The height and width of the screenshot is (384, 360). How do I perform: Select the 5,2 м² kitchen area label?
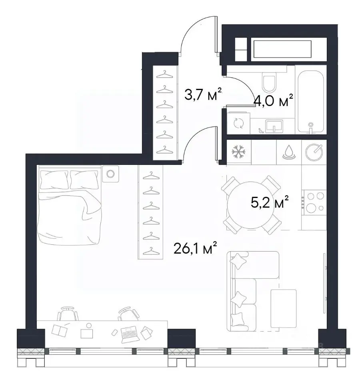[x=270, y=202]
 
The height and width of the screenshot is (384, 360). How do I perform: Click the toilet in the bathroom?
[x=269, y=82]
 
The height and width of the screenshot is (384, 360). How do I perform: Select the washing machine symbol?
[x=238, y=123]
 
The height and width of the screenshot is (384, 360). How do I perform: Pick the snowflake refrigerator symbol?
[x=238, y=152]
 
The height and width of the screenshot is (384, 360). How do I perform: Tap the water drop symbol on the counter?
[x=289, y=152]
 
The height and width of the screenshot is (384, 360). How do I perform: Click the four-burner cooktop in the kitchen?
[x=315, y=202]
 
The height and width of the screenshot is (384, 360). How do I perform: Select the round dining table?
[x=251, y=205]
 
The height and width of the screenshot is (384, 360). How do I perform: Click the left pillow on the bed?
[x=54, y=180]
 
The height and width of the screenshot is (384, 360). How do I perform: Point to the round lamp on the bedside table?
[x=110, y=174]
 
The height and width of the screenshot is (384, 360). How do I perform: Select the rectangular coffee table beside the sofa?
[x=283, y=308]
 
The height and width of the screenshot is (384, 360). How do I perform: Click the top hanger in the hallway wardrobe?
[x=164, y=74]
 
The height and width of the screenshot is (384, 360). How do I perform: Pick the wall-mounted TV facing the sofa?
[x=325, y=283]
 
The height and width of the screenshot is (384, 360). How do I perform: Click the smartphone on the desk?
[x=114, y=332]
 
